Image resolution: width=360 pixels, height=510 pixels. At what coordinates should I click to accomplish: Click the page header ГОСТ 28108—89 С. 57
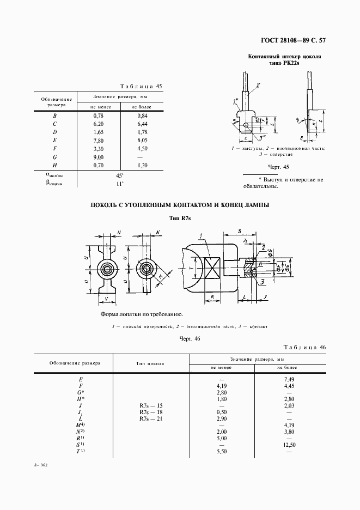295,40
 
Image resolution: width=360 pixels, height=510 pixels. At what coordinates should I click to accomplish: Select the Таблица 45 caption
140,86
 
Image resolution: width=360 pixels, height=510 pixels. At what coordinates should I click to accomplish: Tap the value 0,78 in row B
98,116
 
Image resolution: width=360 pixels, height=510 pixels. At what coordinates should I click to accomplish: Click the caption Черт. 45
278,167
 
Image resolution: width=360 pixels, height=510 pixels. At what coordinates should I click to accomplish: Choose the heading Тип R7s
180,218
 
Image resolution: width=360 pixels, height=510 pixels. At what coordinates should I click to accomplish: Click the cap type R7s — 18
151,412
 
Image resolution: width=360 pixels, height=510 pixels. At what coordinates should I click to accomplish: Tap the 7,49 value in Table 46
289,379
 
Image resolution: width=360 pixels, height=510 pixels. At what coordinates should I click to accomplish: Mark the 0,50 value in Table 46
222,412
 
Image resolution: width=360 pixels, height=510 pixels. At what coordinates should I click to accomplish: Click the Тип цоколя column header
150,362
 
